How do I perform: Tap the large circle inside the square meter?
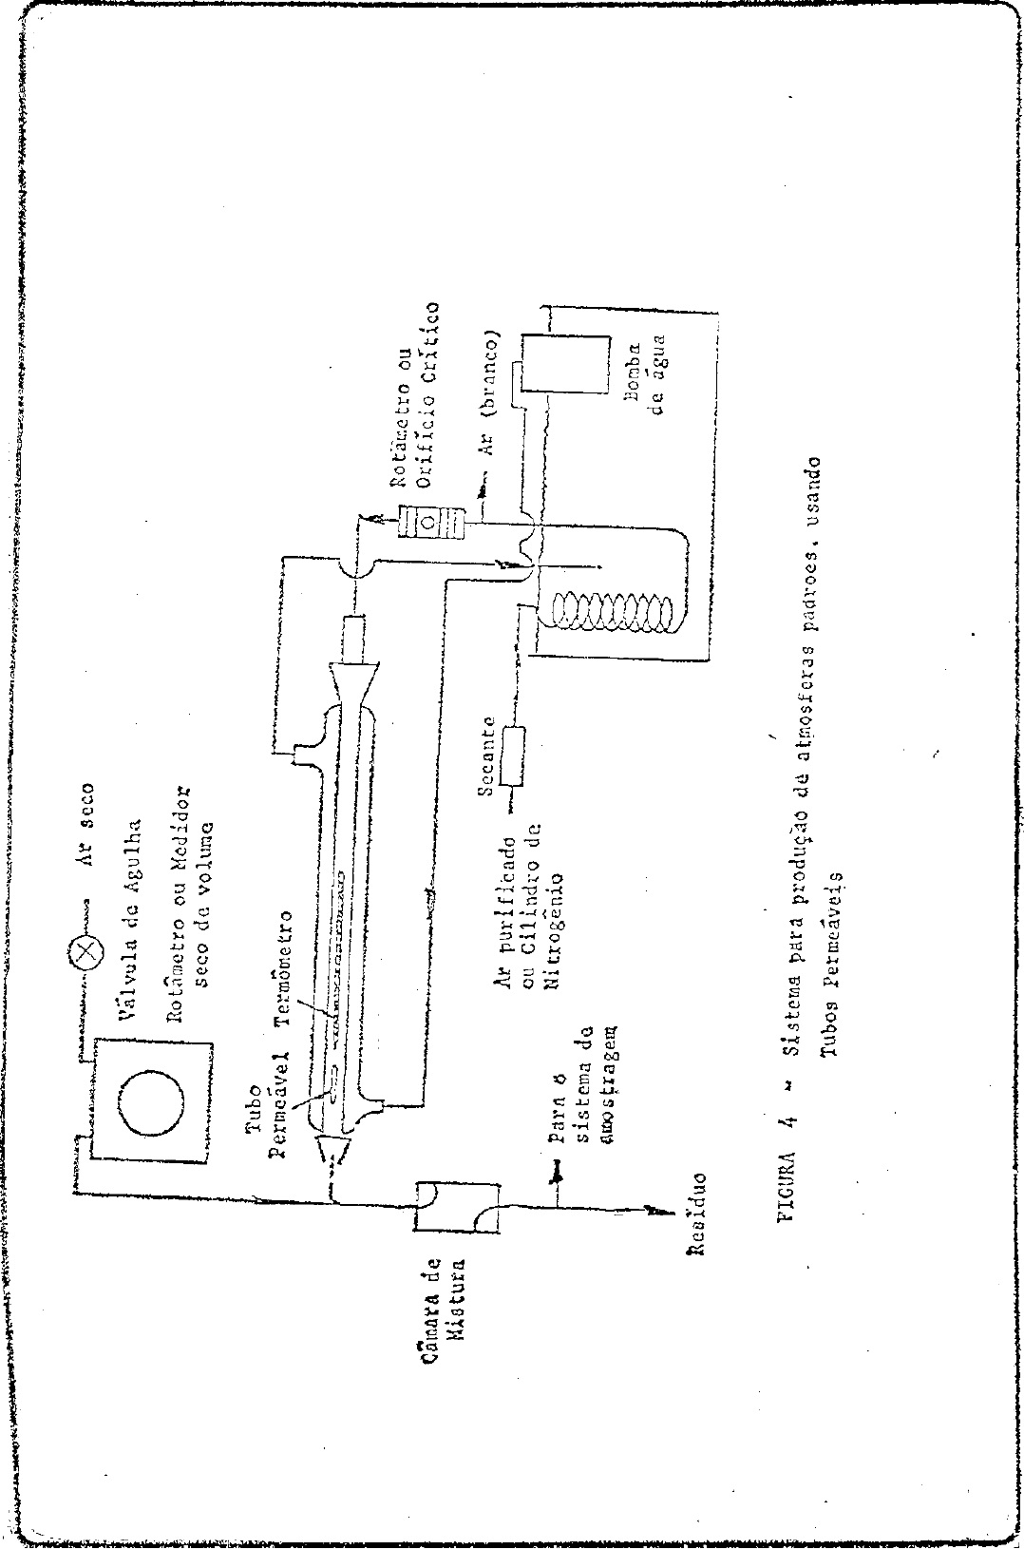tap(150, 1098)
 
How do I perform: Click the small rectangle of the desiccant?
tap(516, 755)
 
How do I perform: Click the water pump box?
tap(561, 363)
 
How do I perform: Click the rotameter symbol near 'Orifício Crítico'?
tap(428, 521)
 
